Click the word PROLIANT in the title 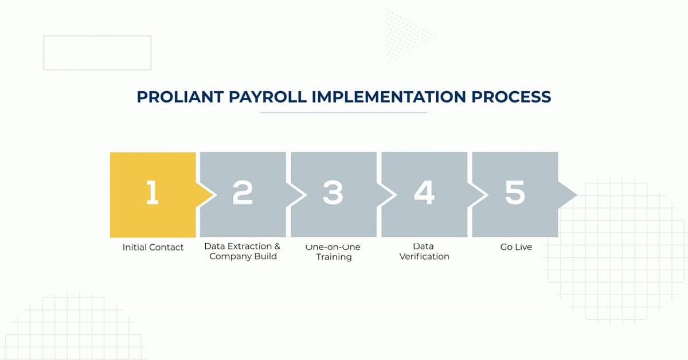[x=180, y=97]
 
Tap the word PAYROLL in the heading [x=268, y=97]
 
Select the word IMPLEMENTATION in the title [x=389, y=97]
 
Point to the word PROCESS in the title [x=511, y=97]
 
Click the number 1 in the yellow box [x=153, y=192]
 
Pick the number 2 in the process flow [x=243, y=192]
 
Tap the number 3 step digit [x=333, y=192]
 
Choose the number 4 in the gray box [x=424, y=192]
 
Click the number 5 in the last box [x=515, y=192]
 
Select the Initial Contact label [x=153, y=247]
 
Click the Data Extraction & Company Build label [x=243, y=251]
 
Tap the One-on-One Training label [x=333, y=252]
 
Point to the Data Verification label [x=424, y=251]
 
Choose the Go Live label [x=516, y=247]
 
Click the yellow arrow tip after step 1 [x=213, y=195]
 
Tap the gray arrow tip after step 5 [x=577, y=195]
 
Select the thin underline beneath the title [x=343, y=112]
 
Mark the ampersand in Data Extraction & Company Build [x=277, y=246]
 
